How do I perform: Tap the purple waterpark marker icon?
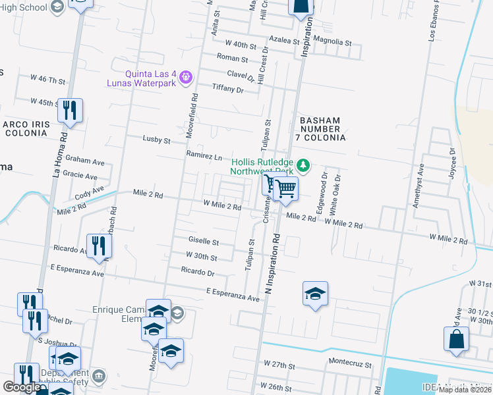coord(187,78)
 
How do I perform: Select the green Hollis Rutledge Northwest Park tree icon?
coord(303,163)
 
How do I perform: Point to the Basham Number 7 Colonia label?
coord(322,129)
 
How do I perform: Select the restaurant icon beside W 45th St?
coord(69,111)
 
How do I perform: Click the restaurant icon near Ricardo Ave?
coord(99,246)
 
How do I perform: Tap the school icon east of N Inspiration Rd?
coord(316,293)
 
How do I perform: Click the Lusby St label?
coord(157,140)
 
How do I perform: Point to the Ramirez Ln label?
coord(204,157)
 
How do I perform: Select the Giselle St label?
coord(203,242)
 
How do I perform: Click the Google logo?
coord(21,387)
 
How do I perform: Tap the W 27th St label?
coord(278,363)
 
